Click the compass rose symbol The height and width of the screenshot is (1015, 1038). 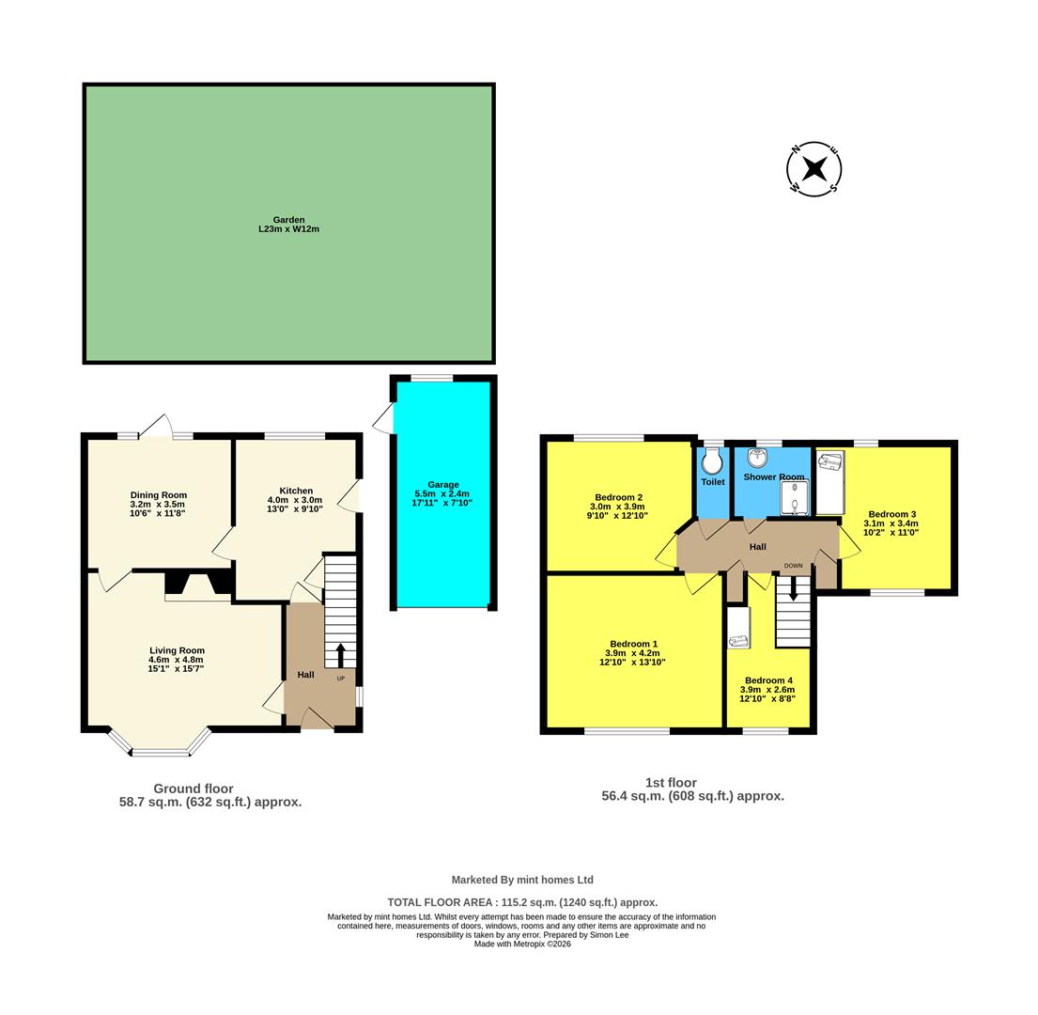click(x=813, y=169)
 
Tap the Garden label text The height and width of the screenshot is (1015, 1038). click(x=288, y=220)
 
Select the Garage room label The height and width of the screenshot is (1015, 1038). click(x=443, y=485)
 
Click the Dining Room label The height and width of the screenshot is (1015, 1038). click(x=158, y=495)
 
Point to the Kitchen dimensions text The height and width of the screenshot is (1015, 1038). click(x=295, y=505)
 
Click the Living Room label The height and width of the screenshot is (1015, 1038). click(x=177, y=650)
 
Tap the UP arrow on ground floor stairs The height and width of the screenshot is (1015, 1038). click(x=340, y=654)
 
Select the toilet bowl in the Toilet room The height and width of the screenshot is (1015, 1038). click(x=712, y=461)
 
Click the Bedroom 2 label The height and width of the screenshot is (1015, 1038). click(x=618, y=498)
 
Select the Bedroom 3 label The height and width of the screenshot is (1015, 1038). click(x=891, y=514)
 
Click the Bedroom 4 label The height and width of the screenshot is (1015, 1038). click(x=768, y=680)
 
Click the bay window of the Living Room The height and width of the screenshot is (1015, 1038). click(x=160, y=747)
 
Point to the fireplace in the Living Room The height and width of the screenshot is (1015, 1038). click(x=198, y=586)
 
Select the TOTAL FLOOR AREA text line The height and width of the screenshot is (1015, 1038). click(x=522, y=902)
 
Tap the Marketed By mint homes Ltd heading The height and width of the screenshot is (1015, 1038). click(x=522, y=880)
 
